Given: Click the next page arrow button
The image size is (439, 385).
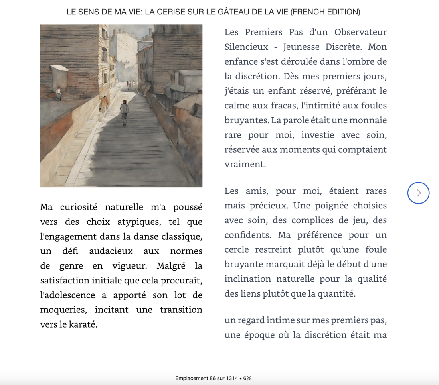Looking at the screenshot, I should (x=418, y=193).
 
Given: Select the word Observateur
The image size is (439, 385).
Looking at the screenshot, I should (x=360, y=32).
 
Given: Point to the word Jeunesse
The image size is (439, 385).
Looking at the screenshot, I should (x=301, y=47).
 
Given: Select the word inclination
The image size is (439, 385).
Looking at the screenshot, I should (x=247, y=279).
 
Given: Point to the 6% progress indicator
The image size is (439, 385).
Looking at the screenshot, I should (x=247, y=378).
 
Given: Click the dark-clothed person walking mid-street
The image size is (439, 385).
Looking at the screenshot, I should (x=125, y=112).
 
